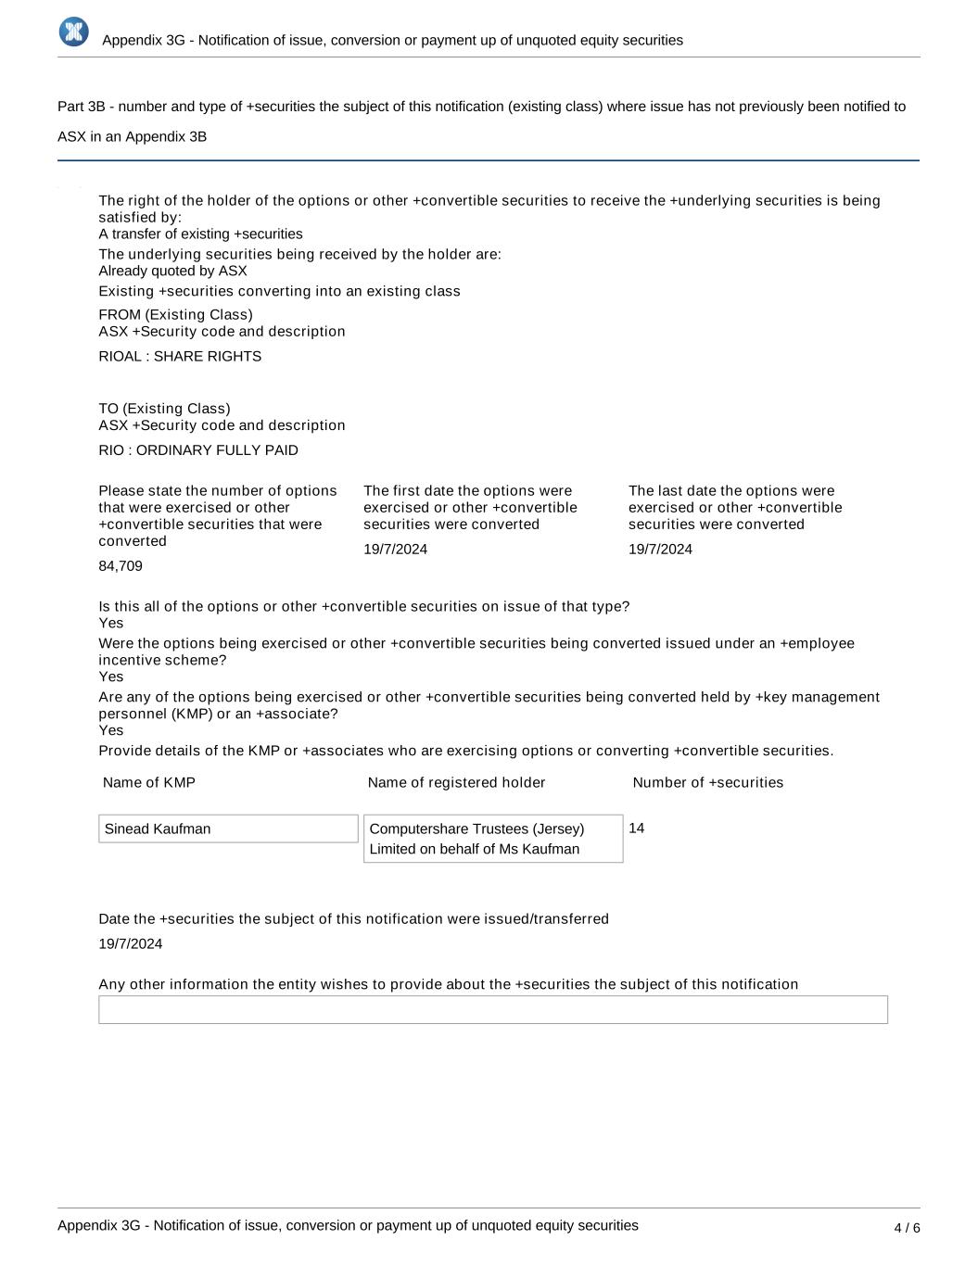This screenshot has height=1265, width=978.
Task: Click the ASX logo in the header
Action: point(73,32)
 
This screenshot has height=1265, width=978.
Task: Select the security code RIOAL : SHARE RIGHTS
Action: point(180,357)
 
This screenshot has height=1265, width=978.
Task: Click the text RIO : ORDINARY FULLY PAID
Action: point(198,450)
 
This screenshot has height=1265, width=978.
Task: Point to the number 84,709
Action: point(121,566)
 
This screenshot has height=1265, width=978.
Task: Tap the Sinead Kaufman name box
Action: point(228,829)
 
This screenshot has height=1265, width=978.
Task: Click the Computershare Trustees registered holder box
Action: point(492,839)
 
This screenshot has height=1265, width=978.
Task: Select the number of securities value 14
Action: point(637,829)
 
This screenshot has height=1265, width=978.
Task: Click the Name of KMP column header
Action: point(149,783)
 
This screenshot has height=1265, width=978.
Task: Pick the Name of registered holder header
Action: point(456,783)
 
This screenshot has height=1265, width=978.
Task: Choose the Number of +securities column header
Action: point(707,783)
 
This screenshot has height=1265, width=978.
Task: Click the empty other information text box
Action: point(492,1009)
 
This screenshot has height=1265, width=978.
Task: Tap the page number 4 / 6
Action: point(907,1228)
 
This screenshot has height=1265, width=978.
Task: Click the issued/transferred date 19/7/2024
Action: point(131,944)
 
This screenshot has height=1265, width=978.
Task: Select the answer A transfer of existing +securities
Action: point(200,234)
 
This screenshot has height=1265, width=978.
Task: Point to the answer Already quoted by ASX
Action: point(172,272)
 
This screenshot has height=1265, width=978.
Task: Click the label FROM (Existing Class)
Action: point(175,315)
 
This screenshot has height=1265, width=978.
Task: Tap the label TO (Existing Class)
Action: point(164,409)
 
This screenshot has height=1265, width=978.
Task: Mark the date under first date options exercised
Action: point(396,550)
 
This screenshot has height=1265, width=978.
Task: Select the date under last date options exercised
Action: point(660,550)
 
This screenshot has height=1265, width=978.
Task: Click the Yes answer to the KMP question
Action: point(111,730)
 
